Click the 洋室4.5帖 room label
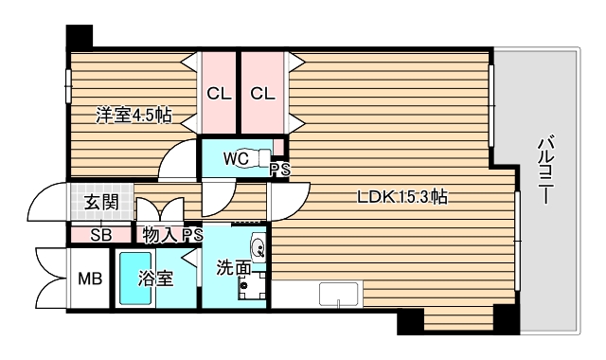point(134,116)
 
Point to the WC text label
point(237,158)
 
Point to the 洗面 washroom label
point(233,268)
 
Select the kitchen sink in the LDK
point(337,295)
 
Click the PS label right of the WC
point(279,170)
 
